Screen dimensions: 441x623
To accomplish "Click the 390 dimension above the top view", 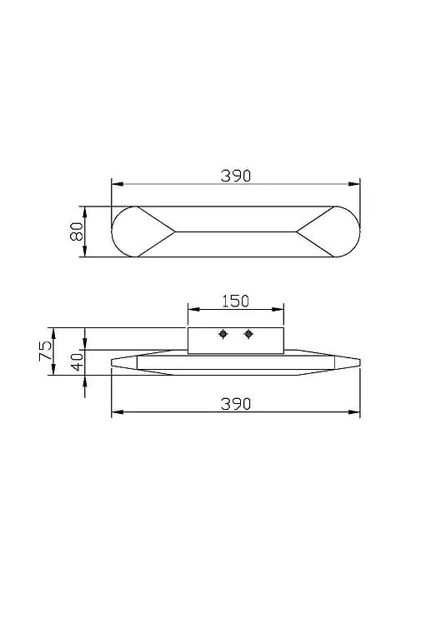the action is (236, 176).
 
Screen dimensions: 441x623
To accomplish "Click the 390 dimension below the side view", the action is (236, 404).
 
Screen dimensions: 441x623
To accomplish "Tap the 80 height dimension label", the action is (77, 232).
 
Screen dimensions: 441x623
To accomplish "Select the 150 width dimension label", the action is (235, 302).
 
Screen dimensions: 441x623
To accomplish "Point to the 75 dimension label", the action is (45, 351).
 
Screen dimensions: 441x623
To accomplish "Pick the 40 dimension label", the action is (78, 361).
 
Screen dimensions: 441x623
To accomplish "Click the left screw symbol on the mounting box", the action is (223, 334).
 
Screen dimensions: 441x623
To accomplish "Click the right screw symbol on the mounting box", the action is (248, 334).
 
